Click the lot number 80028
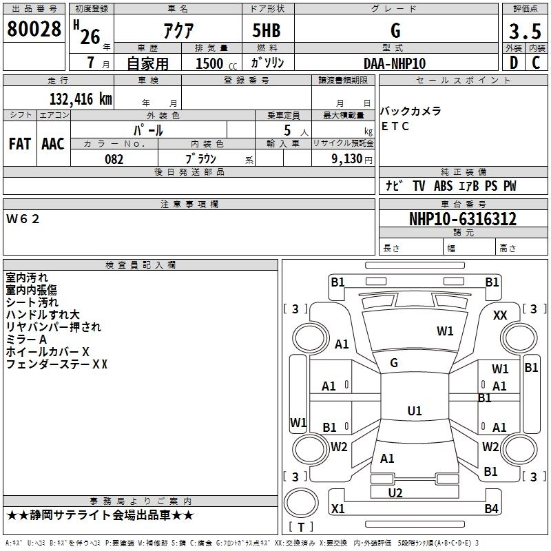[x=34, y=30]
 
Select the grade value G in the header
[x=395, y=30]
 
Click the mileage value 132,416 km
[x=81, y=99]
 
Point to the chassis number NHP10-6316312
[x=462, y=219]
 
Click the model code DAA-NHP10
[x=395, y=63]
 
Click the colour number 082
[x=114, y=159]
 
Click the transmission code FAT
[x=19, y=143]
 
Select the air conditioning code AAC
[x=53, y=143]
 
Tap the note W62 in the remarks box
[x=23, y=219]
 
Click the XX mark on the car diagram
[x=501, y=315]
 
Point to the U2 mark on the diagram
[x=395, y=492]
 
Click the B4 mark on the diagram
[x=491, y=509]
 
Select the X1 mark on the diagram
[x=338, y=509]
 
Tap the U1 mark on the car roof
[x=414, y=411]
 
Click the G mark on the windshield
[x=394, y=362]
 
